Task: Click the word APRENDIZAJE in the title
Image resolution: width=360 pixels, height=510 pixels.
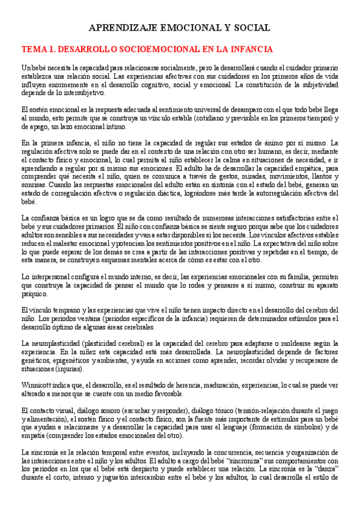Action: click(120, 28)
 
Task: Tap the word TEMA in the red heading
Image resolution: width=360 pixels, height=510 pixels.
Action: click(34, 49)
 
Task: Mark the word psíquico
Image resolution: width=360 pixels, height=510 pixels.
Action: click(32, 295)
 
